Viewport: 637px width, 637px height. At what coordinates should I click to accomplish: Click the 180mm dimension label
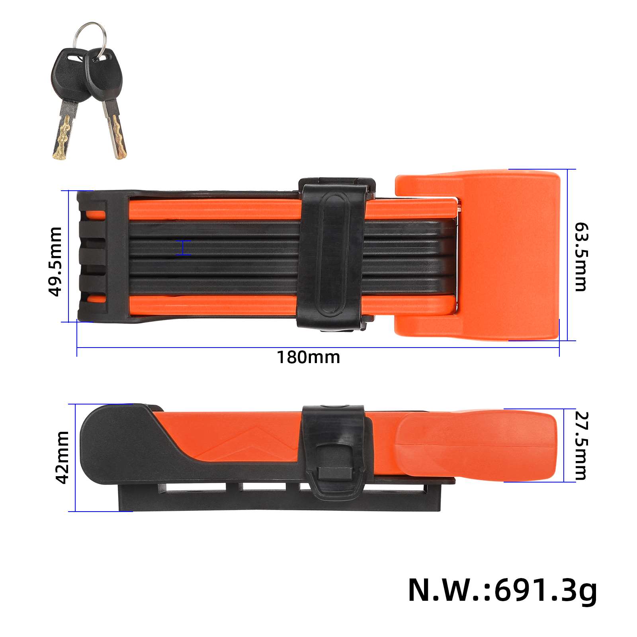click(309, 358)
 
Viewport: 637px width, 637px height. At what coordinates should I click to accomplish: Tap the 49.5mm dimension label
click(55, 262)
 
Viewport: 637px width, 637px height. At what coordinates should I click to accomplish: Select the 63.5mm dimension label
click(581, 257)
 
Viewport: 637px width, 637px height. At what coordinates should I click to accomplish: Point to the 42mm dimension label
click(63, 457)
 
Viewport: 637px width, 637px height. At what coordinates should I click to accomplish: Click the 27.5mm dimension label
click(581, 446)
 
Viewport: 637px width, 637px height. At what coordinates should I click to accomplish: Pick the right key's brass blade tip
click(119, 137)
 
